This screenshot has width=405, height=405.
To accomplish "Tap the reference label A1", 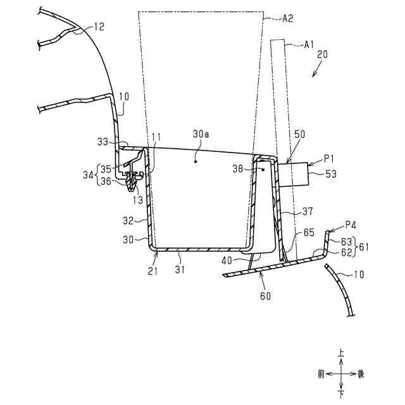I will [x=309, y=44].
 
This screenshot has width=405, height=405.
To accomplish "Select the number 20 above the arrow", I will [x=321, y=55].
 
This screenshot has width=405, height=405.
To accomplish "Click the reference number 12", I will [x=99, y=27].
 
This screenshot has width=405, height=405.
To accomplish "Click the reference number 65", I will [x=308, y=234].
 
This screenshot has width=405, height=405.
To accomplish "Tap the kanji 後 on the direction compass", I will [x=361, y=374].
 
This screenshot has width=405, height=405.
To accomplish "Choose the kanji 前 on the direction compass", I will [x=321, y=374].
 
